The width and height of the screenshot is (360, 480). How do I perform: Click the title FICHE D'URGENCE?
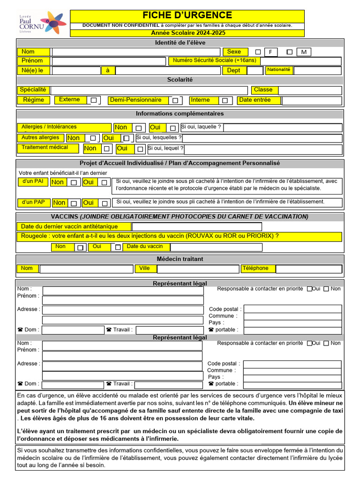(187, 15)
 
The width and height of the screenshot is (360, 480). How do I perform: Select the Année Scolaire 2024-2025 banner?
(187, 33)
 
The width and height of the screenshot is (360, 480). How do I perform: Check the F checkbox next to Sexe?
(258, 52)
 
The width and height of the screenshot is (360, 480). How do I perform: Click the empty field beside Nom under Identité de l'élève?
(135, 52)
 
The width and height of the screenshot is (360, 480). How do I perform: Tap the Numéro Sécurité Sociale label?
(214, 61)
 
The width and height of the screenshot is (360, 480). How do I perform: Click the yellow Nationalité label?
(278, 70)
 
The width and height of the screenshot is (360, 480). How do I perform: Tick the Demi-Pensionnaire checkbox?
(175, 100)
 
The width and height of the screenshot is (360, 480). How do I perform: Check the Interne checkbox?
(225, 100)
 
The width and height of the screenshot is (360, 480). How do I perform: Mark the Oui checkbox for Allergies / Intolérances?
(172, 128)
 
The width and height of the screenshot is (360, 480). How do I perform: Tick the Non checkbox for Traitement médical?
(107, 149)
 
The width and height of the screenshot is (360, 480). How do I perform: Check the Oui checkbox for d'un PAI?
(104, 183)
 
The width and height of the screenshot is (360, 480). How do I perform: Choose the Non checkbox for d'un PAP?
(74, 203)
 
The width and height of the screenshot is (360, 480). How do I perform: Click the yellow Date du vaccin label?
(145, 247)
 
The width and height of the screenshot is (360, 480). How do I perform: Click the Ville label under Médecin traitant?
(145, 269)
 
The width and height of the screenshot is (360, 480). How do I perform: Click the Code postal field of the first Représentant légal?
(292, 309)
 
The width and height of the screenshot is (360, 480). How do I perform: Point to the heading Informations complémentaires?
(180, 114)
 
